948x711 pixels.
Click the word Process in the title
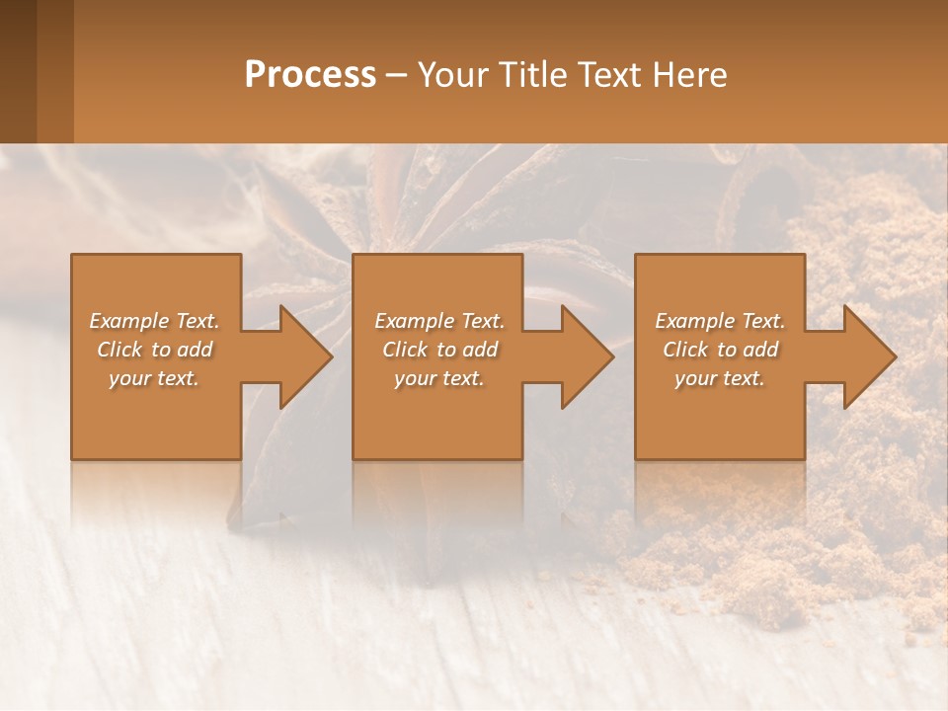click(310, 75)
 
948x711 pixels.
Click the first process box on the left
click(156, 425)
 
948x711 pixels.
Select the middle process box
click(437, 425)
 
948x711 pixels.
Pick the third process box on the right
click(719, 425)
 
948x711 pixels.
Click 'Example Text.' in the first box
click(154, 321)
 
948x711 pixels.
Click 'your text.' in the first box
click(154, 378)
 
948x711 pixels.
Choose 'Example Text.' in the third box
click(720, 321)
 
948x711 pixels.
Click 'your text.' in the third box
click(720, 378)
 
